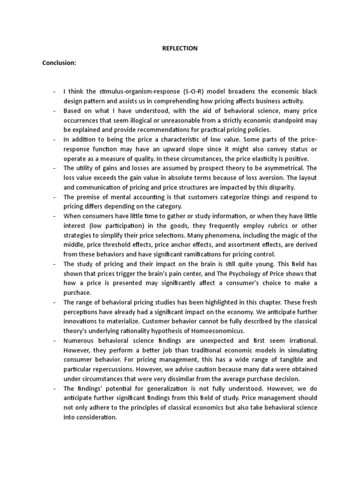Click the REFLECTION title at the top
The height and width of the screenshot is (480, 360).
[180, 48]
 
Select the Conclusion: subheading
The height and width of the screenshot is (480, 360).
[59, 63]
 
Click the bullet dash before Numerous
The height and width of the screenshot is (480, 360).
[54, 340]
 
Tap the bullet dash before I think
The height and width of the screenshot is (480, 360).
[54, 91]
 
